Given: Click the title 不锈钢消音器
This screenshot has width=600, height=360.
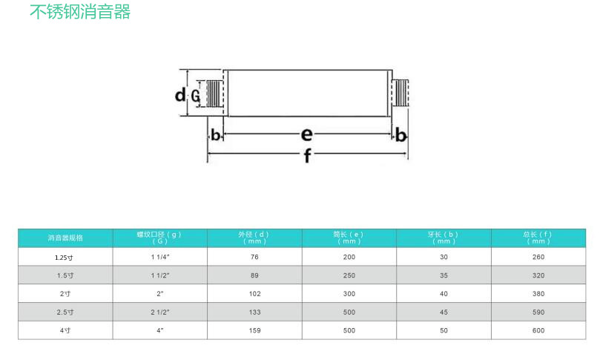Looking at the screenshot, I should pos(80,13).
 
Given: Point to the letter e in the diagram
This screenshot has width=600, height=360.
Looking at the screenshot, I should pos(306,134).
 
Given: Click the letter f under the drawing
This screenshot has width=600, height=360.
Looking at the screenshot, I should pos(308,157).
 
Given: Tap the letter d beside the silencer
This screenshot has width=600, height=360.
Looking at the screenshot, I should pos(180,95).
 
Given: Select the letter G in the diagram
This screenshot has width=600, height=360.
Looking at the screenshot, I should pos(196,96).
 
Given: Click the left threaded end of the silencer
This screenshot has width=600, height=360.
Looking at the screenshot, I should pos(214,94).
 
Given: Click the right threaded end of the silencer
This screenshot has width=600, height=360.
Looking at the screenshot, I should pos(400,94).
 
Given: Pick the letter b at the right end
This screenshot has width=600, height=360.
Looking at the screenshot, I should pos(400,135).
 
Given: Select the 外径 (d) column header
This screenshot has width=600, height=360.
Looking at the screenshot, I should pos(254,238).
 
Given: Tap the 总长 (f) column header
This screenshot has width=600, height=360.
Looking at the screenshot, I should pos(538,238).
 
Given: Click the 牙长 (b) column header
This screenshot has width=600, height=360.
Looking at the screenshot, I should pos(444,238).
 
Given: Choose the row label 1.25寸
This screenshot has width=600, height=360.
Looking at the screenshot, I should pos(65,257).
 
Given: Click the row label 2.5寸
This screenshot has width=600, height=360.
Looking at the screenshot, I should pos(65,312).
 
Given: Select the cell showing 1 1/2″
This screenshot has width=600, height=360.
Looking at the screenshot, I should pos(160,275).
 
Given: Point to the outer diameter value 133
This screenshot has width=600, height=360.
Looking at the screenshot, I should pos(254,312).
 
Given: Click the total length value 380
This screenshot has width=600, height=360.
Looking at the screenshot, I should pos(538,294).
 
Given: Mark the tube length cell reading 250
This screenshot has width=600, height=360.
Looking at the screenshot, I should pos(349,275).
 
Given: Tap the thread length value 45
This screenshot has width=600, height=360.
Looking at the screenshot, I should pos(444,312).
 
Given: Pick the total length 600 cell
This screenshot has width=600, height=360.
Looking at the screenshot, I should pos(538,330).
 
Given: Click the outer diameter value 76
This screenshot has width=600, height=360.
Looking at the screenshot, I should pos(254,257).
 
